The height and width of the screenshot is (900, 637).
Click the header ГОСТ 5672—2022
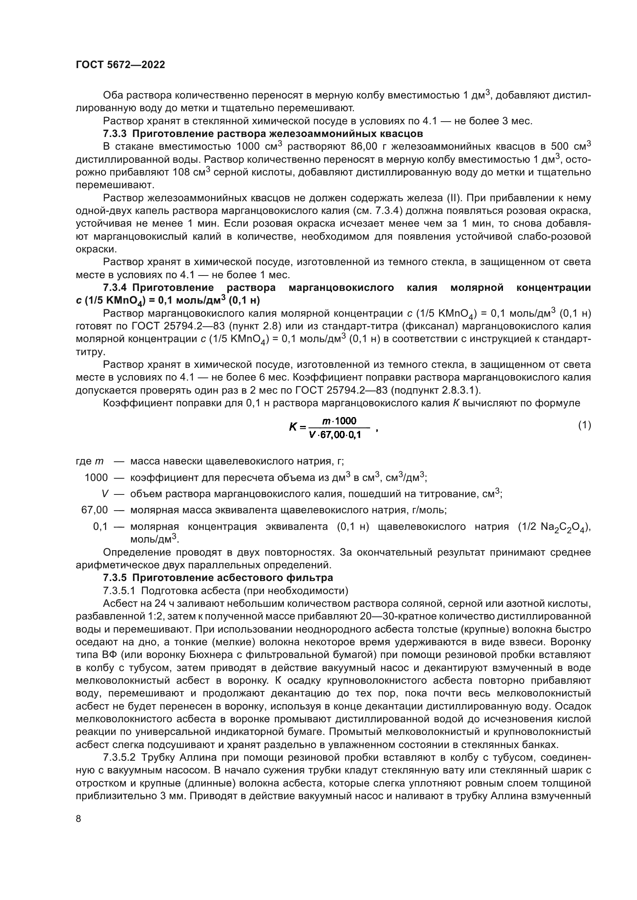coord(120,65)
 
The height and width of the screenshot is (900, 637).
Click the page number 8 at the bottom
coord(79,818)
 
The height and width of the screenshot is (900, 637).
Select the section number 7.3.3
coord(114,134)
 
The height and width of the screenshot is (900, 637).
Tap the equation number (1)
coord(585,425)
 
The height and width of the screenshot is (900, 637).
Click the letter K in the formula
coord(293,427)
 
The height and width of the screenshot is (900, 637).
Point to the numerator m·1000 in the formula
coord(339,421)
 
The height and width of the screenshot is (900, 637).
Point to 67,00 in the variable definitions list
coord(94,510)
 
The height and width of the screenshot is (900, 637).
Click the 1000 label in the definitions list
coord(96,478)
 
